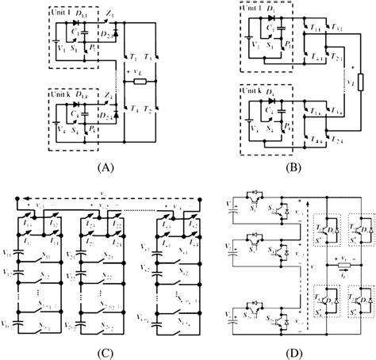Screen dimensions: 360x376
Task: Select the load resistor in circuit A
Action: point(140,82)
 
